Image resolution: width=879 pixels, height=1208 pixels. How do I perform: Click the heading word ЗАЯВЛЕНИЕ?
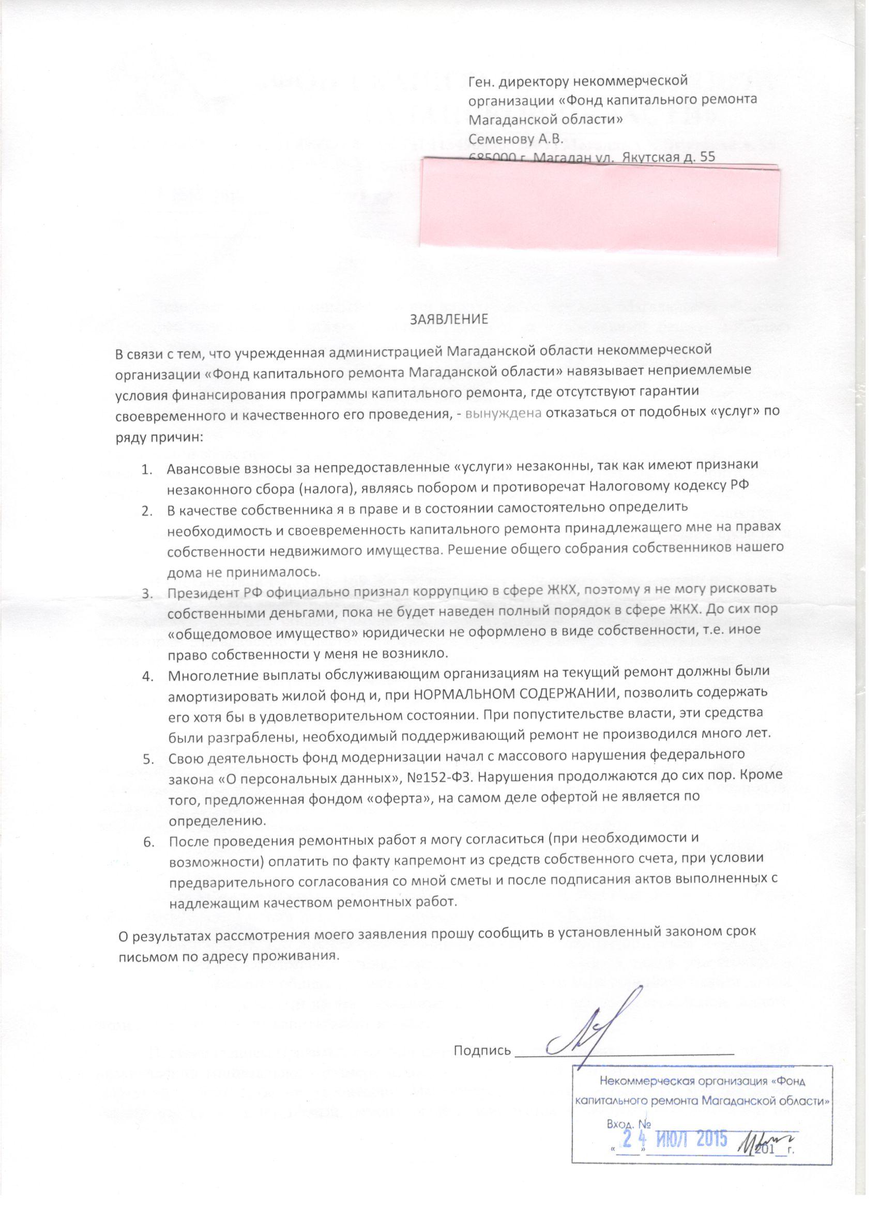[448, 320]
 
